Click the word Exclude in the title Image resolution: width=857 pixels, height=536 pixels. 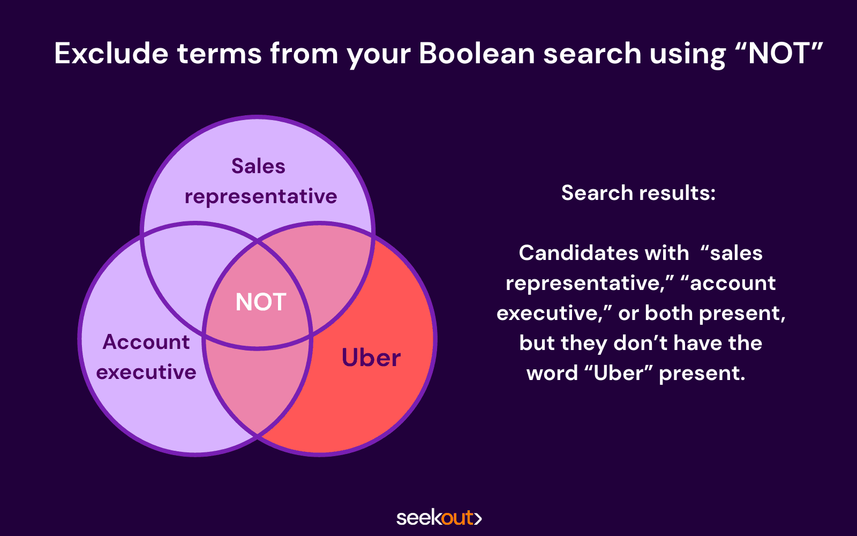pyautogui.click(x=111, y=53)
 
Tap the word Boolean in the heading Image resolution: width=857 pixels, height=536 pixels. pyautogui.click(x=477, y=53)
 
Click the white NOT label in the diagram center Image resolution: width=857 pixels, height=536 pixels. pyautogui.click(x=260, y=302)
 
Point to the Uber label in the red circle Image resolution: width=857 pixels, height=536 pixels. pyautogui.click(x=371, y=358)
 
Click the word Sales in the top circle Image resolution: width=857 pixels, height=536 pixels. pyautogui.click(x=258, y=166)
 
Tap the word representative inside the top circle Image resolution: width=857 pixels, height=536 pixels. pyautogui.click(x=260, y=197)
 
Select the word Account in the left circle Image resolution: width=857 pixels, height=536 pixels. pyautogui.click(x=146, y=342)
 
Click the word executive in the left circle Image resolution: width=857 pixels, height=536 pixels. pyautogui.click(x=146, y=372)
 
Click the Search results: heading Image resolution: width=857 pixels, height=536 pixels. pyautogui.click(x=638, y=192)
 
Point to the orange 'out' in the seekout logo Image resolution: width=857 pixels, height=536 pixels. pyautogui.click(x=457, y=518)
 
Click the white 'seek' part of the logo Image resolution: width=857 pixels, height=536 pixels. pyautogui.click(x=419, y=518)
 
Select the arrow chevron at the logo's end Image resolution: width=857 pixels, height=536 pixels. pyautogui.click(x=478, y=518)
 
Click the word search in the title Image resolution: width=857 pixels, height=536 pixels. pyautogui.click(x=592, y=53)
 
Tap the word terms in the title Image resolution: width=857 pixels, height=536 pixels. pyautogui.click(x=220, y=53)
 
